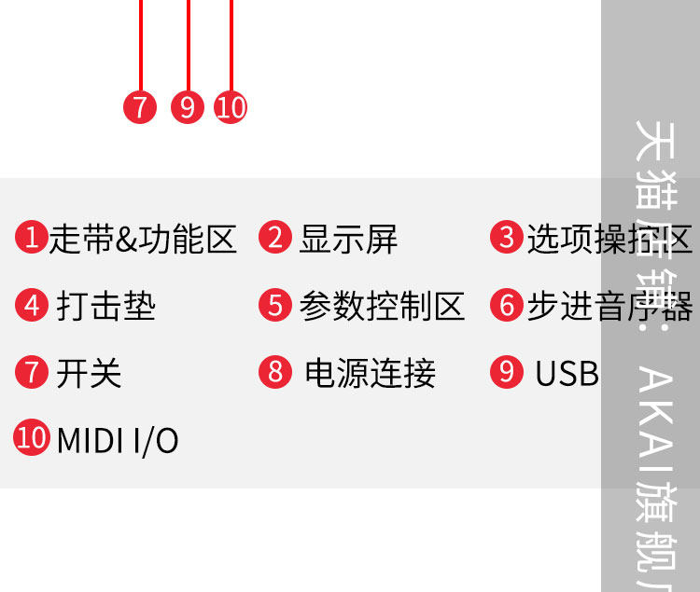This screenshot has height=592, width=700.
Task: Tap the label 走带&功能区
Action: [143, 239]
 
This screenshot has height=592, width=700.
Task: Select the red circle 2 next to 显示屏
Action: [275, 238]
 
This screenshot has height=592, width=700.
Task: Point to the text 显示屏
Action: [348, 239]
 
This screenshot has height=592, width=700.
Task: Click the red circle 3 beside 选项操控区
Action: [507, 238]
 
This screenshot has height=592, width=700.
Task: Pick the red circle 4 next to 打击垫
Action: [33, 305]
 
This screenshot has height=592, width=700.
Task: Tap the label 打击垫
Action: [105, 306]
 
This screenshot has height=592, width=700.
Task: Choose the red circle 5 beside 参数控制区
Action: [275, 305]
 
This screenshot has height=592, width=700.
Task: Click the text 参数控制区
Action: [382, 306]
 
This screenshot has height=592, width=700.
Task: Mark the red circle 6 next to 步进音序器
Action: [507, 305]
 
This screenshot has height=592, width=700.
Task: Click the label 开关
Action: [89, 373]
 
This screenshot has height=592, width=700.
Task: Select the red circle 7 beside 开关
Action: [33, 372]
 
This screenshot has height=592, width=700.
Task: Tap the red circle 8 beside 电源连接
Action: [275, 372]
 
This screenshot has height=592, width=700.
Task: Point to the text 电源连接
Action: [370, 373]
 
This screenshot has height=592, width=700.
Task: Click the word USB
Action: [567, 373]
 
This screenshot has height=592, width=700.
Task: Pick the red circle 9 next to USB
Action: [507, 372]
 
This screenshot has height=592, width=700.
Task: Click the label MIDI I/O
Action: [118, 439]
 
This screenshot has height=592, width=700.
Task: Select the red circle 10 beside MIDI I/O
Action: [33, 437]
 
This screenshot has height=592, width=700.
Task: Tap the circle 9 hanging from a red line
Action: [188, 107]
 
